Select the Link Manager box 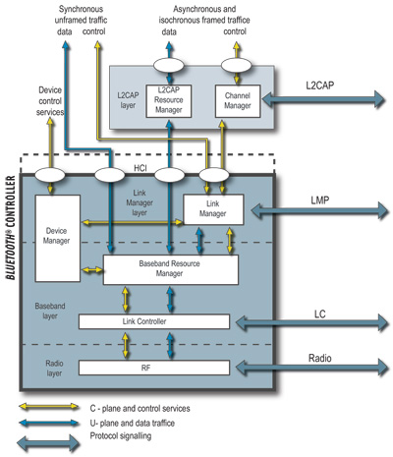[x=212, y=208]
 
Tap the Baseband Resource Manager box [x=171, y=269]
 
